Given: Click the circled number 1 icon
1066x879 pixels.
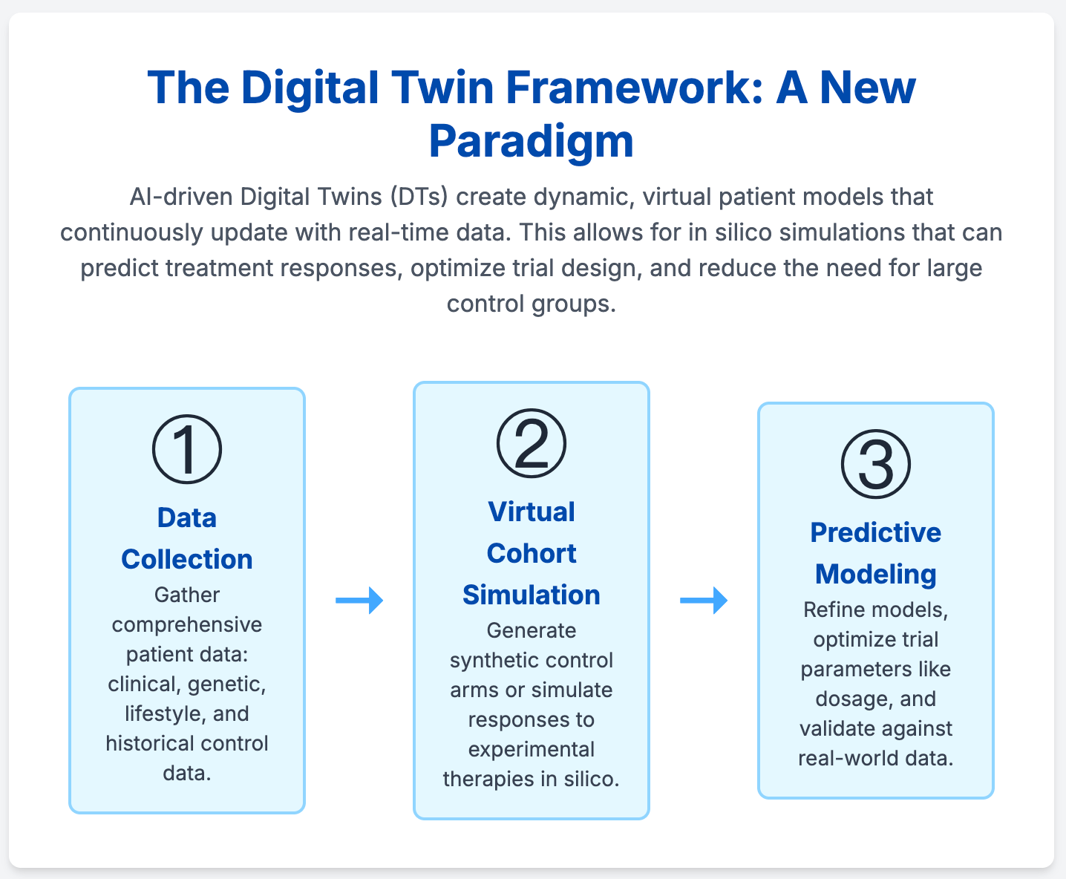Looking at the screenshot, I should click(187, 449).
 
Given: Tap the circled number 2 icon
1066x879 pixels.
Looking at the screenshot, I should click(532, 443).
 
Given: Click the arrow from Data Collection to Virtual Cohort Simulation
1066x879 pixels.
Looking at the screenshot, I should click(359, 600).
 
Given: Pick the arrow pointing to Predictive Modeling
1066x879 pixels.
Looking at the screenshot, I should click(704, 600).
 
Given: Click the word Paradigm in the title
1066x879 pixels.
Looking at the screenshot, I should click(532, 141).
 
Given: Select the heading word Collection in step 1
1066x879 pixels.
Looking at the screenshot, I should click(187, 559).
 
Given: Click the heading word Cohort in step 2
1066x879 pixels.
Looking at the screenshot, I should click(532, 553).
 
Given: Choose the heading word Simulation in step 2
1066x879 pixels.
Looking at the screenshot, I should click(532, 595).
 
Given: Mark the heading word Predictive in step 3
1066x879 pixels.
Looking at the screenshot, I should click(876, 532).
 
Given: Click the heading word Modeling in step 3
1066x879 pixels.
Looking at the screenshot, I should click(876, 574).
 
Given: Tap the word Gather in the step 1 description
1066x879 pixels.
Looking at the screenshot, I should click(187, 595).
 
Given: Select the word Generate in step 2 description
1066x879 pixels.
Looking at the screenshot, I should click(532, 630).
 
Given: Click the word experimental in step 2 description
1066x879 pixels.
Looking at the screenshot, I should click(532, 749).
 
